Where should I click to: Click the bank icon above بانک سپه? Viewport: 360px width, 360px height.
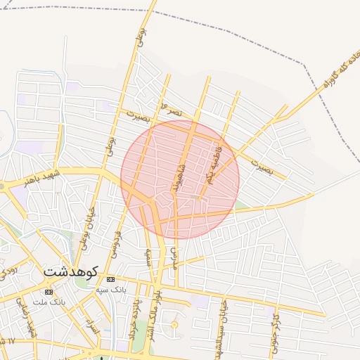click(111, 279)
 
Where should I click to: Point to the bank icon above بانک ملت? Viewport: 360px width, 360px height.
click(48, 292)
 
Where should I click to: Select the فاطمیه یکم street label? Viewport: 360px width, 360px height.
click(214, 165)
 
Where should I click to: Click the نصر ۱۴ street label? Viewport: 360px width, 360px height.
click(172, 110)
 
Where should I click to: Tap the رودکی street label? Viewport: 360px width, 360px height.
click(7, 268)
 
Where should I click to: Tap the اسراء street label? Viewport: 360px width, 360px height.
click(90, 326)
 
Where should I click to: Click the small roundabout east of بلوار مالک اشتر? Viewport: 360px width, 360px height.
click(174, 325)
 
